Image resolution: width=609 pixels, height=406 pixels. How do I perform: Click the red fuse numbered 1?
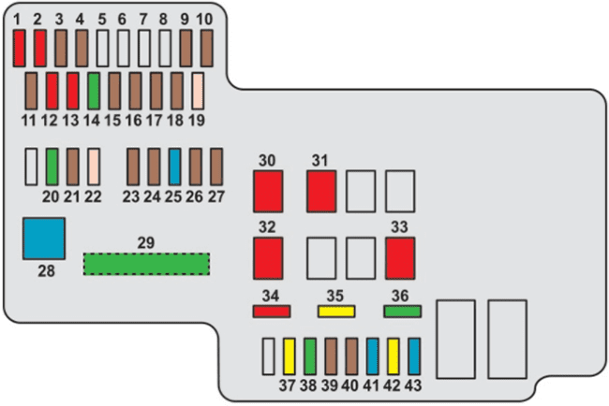(x=19, y=49)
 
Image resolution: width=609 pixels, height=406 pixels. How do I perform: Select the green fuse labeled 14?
(x=94, y=91)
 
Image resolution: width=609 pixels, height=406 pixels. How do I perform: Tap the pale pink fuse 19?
(x=198, y=91)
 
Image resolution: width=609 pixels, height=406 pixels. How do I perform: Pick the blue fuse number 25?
(x=175, y=167)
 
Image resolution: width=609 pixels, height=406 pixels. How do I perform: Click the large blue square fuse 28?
(x=44, y=239)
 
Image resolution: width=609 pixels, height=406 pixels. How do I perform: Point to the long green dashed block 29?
(x=146, y=264)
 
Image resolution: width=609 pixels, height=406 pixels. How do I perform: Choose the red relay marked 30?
(x=268, y=191)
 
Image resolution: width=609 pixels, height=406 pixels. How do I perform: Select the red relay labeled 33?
(x=400, y=258)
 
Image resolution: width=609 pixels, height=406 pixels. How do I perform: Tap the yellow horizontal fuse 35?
(x=336, y=312)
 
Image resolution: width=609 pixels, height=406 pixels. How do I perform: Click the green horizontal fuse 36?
(x=402, y=312)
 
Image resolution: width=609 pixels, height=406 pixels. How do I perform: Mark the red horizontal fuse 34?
(x=272, y=312)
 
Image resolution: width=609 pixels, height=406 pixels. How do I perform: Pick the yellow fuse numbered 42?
(x=394, y=356)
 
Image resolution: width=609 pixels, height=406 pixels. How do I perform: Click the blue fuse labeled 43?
(x=414, y=356)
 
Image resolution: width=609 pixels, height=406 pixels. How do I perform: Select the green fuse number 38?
(x=310, y=356)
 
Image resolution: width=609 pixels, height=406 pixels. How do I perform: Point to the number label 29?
(x=146, y=242)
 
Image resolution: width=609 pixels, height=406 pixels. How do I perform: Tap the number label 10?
(x=204, y=19)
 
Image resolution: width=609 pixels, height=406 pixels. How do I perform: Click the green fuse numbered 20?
(x=52, y=167)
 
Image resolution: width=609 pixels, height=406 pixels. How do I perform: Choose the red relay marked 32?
(x=268, y=258)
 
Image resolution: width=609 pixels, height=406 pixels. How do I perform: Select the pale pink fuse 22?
(x=94, y=167)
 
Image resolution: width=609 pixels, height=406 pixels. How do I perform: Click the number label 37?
(x=288, y=385)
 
